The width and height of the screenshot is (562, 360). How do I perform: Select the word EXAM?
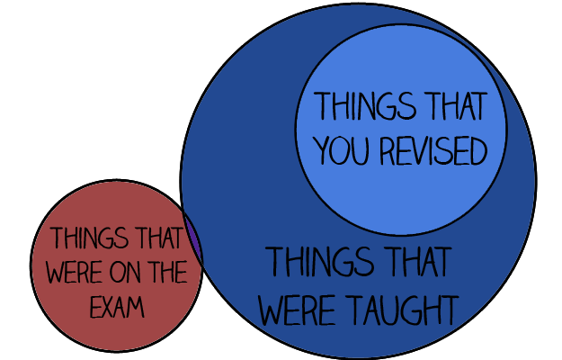116,308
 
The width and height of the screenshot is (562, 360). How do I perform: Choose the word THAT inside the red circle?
156,239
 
